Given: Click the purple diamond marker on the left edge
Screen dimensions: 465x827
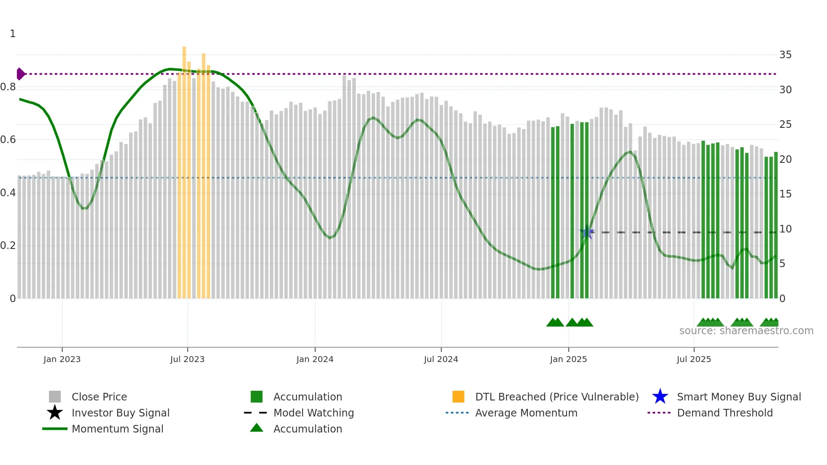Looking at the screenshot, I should click(x=20, y=74).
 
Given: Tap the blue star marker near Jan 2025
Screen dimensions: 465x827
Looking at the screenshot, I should click(x=586, y=232).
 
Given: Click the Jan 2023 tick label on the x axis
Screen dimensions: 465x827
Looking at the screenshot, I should click(x=62, y=359).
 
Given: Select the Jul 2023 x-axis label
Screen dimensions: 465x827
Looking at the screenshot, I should click(x=187, y=359).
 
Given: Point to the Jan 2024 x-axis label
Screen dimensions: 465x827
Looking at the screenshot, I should click(x=315, y=359).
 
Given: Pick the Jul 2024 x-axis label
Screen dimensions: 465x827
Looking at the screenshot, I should click(x=441, y=359).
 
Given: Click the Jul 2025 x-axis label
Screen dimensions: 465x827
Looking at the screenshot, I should click(x=694, y=359).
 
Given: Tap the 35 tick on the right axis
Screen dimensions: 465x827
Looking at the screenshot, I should click(x=785, y=55).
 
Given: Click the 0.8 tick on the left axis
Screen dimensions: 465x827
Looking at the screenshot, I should click(x=8, y=87).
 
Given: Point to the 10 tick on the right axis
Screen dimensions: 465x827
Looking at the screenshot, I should click(x=785, y=229).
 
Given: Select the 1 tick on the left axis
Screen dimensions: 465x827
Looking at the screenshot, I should click(x=13, y=34).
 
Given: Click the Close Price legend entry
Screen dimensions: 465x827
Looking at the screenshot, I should click(x=99, y=397).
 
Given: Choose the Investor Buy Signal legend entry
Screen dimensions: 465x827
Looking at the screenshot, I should click(x=120, y=413).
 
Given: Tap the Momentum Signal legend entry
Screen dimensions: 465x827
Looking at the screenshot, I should click(x=117, y=429).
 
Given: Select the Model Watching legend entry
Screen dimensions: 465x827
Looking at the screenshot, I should click(x=314, y=413).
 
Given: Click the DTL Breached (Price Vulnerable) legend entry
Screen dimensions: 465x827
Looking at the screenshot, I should click(x=557, y=397).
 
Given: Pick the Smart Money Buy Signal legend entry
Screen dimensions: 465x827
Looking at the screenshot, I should click(x=739, y=397).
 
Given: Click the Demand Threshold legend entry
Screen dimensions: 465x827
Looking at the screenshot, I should click(x=724, y=413).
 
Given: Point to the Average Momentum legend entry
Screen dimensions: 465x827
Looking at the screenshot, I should click(x=526, y=413).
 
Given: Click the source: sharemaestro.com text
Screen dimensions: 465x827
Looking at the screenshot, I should click(x=746, y=331).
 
